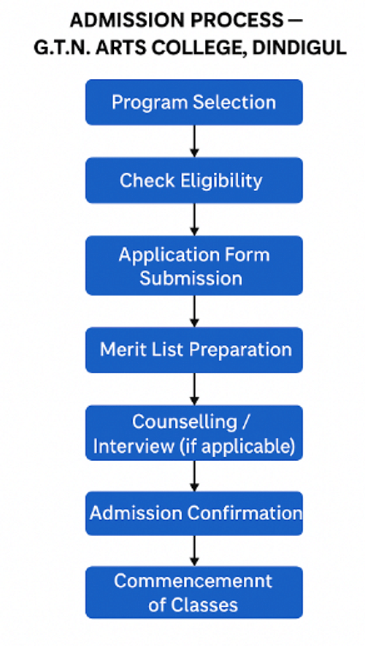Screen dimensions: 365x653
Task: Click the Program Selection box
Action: [194, 102]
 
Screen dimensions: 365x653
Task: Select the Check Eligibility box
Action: [194, 180]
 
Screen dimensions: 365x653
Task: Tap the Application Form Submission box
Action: [194, 266]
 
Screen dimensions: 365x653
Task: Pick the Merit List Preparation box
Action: [194, 350]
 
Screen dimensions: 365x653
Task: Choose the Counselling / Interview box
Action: [194, 433]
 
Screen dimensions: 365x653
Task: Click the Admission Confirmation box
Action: [194, 513]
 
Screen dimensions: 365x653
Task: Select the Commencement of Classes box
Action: [194, 592]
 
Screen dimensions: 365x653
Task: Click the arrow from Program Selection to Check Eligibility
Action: [194, 141]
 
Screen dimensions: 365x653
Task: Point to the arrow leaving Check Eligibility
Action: [194, 219]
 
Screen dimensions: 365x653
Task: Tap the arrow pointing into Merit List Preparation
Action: [194, 311]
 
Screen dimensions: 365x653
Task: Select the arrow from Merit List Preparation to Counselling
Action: [194, 389]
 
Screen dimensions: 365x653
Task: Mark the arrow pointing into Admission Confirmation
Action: [194, 476]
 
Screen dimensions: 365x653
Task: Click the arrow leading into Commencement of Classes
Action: [194, 551]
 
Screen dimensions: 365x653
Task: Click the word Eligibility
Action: [221, 180]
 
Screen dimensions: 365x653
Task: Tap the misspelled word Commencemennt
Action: [193, 581]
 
